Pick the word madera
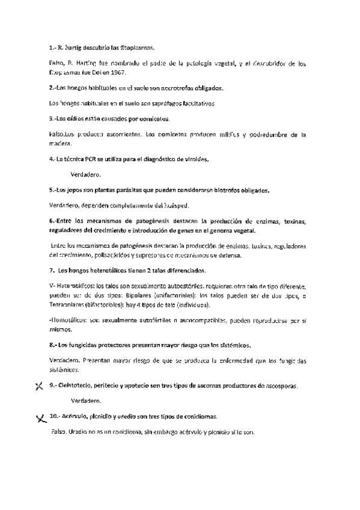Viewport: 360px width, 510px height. (59, 143)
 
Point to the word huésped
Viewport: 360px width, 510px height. (175, 206)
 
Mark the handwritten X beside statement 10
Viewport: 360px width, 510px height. (41, 417)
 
